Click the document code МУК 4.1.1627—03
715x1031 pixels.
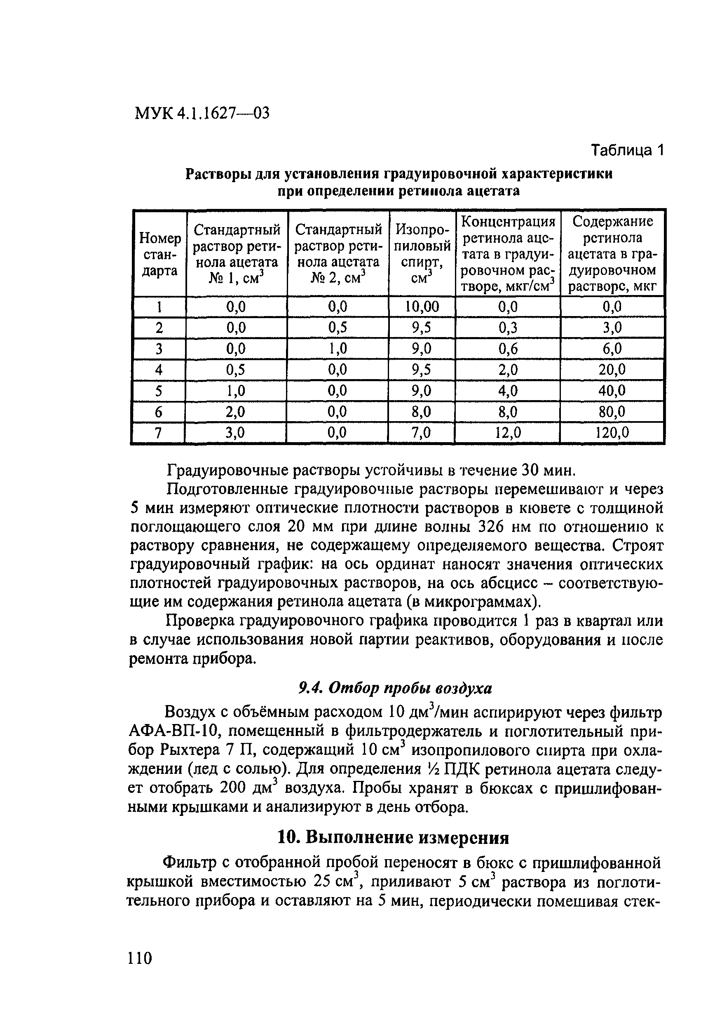(x=202, y=113)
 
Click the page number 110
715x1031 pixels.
(x=140, y=958)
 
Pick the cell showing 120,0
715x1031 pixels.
(x=612, y=432)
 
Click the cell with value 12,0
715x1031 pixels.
(x=508, y=432)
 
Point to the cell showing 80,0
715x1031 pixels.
(x=612, y=411)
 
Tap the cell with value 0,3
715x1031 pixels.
(x=508, y=328)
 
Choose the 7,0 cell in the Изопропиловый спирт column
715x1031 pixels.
(x=422, y=432)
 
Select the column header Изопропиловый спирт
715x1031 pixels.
(x=422, y=254)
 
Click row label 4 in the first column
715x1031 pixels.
(x=159, y=370)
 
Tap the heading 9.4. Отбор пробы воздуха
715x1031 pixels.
(x=395, y=689)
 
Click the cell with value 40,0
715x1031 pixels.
(x=612, y=391)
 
